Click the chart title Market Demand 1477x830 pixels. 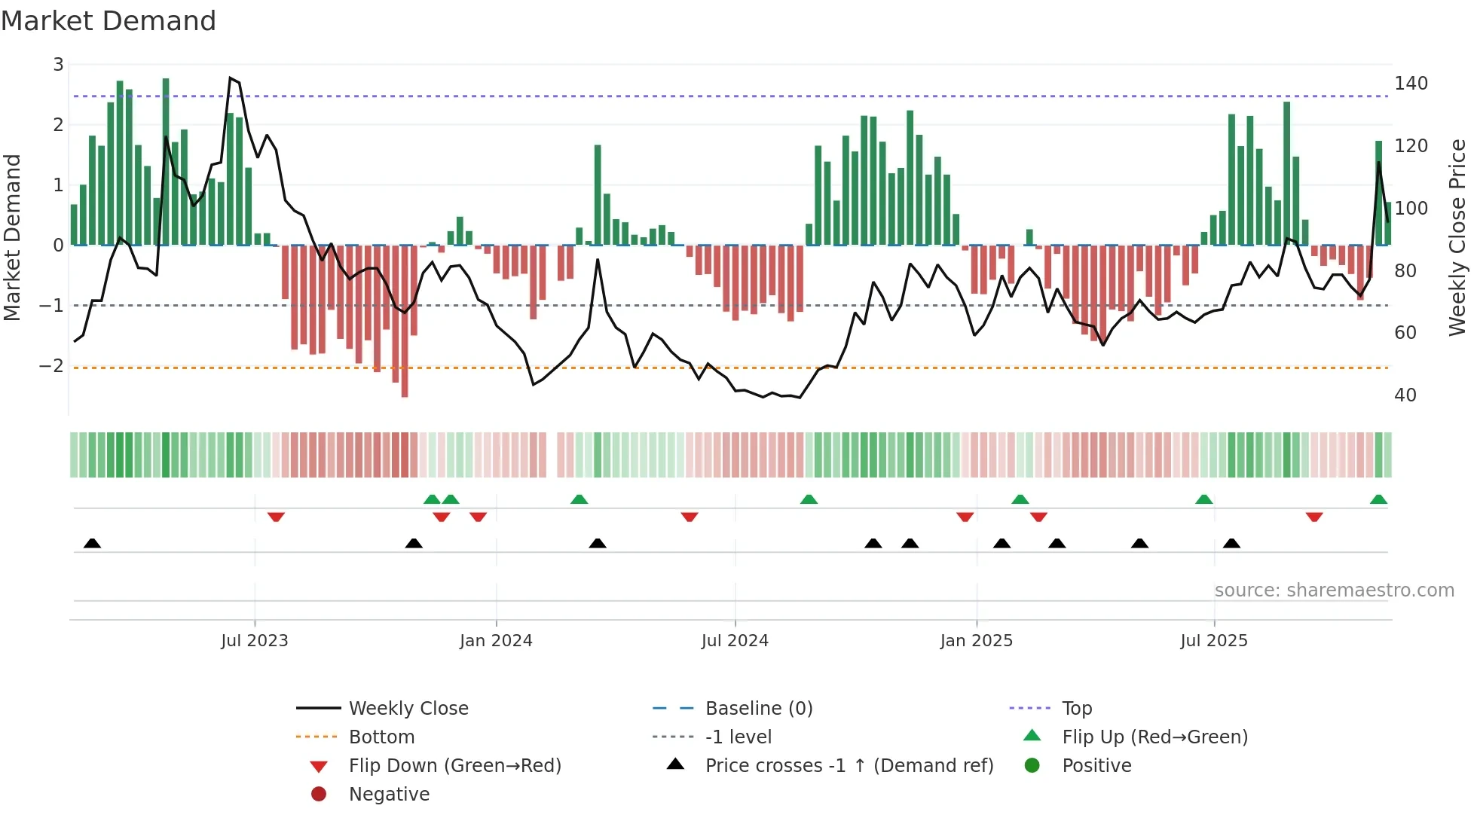pyautogui.click(x=109, y=21)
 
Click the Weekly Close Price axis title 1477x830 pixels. pyautogui.click(x=1457, y=237)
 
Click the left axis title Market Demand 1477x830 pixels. pyautogui.click(x=13, y=237)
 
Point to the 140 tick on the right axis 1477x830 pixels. pyautogui.click(x=1410, y=84)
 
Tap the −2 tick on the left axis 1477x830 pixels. pyautogui.click(x=51, y=366)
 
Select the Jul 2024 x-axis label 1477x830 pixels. pyautogui.click(x=735, y=641)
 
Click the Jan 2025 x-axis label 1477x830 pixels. pyautogui.click(x=976, y=641)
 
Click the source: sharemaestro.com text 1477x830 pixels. pyautogui.click(x=1334, y=590)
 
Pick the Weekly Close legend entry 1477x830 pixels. pyautogui.click(x=408, y=709)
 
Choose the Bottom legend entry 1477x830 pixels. pyautogui.click(x=381, y=737)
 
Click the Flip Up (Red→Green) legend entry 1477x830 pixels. pyautogui.click(x=1154, y=737)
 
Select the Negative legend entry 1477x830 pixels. pyautogui.click(x=389, y=795)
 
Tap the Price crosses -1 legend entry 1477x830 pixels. pyautogui.click(x=849, y=766)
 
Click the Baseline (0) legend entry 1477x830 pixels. pyautogui.click(x=758, y=709)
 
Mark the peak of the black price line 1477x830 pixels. pyautogui.click(x=230, y=78)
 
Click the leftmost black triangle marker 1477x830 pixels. pyautogui.click(x=92, y=544)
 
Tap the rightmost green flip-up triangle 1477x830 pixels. pyautogui.click(x=1378, y=500)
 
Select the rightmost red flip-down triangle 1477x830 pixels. pyautogui.click(x=1314, y=517)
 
